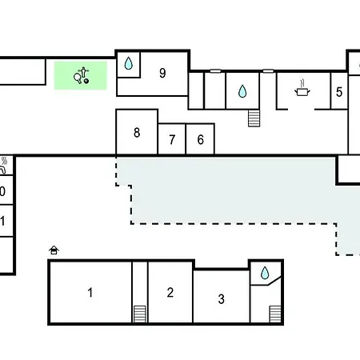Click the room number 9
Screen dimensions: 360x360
[162, 73]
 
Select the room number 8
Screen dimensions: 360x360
[137, 133]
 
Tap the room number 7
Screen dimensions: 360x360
[172, 140]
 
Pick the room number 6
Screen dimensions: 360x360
[201, 140]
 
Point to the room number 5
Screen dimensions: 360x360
[339, 92]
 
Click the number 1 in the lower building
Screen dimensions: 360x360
[90, 293]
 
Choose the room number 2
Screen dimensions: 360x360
[170, 293]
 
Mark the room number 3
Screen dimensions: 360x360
[221, 299]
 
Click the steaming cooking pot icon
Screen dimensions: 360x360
[302, 88]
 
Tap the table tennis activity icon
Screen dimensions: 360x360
[82, 75]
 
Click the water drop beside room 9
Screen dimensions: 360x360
[129, 63]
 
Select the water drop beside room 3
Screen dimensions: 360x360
[265, 273]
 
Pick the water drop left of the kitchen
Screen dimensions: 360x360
[242, 91]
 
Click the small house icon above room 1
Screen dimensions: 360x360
[54, 250]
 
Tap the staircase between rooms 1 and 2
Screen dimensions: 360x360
[140, 314]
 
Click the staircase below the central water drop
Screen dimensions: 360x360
[254, 118]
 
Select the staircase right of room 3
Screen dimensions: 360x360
[275, 314]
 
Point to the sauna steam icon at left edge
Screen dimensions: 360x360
[4, 165]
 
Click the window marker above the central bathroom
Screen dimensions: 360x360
[215, 71]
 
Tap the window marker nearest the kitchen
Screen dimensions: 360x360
[268, 71]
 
